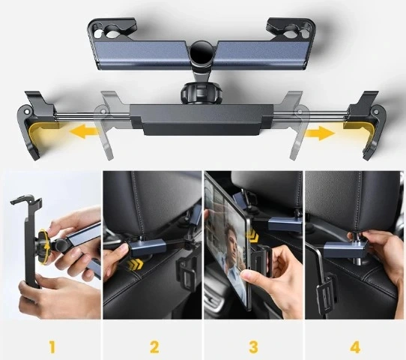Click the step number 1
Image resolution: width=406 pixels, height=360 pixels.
[52, 346]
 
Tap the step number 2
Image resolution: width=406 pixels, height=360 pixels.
[154, 346]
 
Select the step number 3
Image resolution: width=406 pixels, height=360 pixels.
[254, 346]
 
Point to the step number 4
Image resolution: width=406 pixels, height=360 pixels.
[354, 346]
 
